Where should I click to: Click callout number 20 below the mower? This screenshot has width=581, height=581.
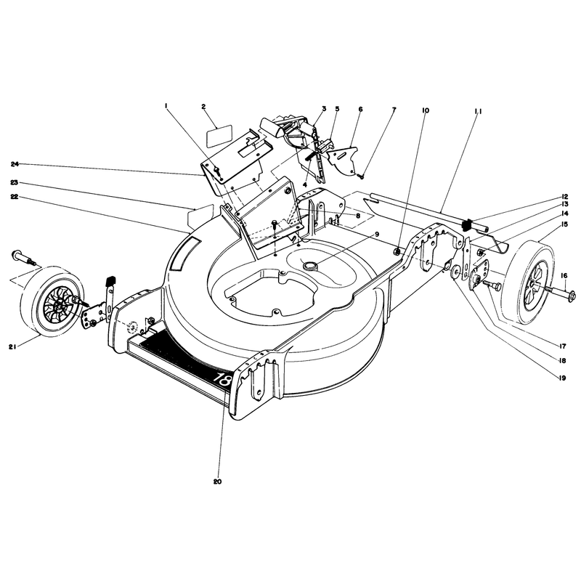(217, 482)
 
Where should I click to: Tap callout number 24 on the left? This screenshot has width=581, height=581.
(15, 164)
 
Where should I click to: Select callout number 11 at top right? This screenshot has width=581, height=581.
(477, 111)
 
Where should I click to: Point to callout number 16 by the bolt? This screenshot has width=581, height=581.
(564, 275)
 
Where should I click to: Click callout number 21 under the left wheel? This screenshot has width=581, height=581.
(12, 346)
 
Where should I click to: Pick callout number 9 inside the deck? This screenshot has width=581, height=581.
(376, 234)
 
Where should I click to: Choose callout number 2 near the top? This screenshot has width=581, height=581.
(203, 106)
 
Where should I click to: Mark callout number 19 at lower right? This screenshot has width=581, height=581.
(562, 378)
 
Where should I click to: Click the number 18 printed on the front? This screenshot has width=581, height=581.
(224, 378)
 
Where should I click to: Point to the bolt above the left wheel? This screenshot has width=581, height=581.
(25, 258)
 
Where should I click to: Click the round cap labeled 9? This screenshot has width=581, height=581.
(308, 265)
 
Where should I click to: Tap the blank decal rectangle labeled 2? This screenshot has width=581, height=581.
(219, 137)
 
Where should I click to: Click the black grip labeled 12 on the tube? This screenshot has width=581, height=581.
(467, 224)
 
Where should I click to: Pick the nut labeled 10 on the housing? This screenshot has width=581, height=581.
(397, 251)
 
